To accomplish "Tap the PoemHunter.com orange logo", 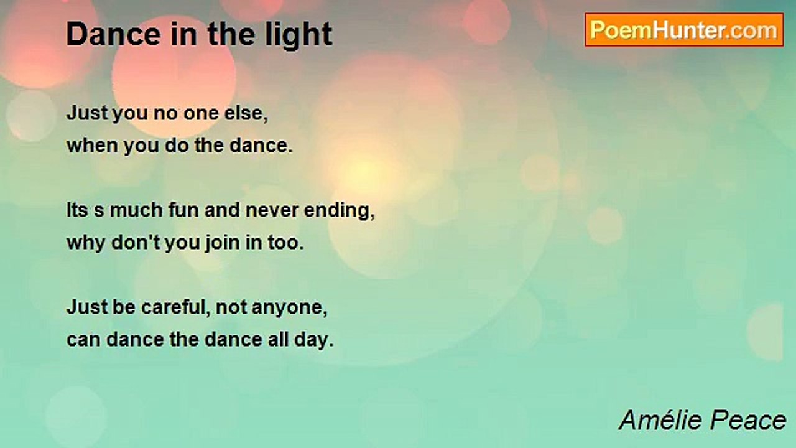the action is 684,30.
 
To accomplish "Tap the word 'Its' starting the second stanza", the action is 77,210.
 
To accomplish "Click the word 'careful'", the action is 174,307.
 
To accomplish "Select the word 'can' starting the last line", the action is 83,340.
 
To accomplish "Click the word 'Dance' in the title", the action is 113,34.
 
